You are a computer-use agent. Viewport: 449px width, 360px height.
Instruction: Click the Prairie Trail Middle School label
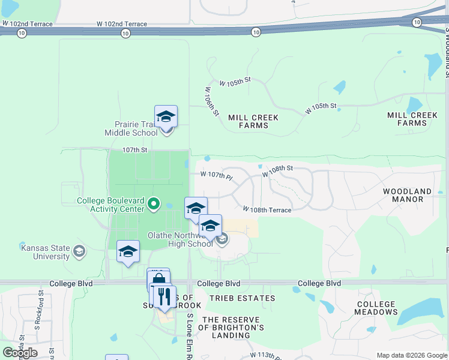tap(131, 128)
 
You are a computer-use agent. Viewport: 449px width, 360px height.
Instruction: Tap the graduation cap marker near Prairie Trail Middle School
tap(166, 116)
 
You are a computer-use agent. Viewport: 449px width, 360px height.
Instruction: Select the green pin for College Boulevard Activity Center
tap(154, 205)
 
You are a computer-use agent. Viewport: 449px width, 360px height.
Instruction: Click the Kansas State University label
tap(45, 252)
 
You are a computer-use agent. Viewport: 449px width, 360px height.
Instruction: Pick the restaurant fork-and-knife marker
tap(163, 296)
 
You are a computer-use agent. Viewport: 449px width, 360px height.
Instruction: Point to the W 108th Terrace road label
tap(267, 210)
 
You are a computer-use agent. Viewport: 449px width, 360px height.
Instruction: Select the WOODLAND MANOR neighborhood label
tap(408, 195)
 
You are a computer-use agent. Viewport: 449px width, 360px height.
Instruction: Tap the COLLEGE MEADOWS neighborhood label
tap(376, 308)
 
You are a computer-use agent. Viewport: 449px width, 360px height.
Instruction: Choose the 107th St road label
tap(134, 151)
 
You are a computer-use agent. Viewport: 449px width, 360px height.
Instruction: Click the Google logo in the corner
tap(20, 352)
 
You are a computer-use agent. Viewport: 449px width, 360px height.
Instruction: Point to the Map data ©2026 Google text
tap(412, 355)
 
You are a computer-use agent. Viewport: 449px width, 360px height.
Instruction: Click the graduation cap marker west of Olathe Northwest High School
tap(128, 251)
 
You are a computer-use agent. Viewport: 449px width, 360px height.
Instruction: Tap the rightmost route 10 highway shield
tap(417, 22)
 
